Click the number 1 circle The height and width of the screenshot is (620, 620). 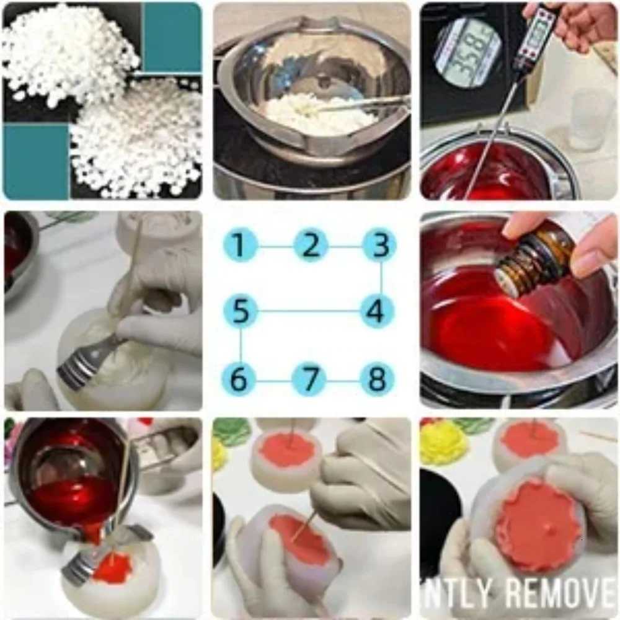click(241, 246)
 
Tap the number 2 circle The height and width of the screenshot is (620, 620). click(311, 246)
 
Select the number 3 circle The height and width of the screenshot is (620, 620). click(379, 246)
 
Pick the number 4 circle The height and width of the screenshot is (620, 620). click(379, 311)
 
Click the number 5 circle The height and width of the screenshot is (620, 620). click(241, 311)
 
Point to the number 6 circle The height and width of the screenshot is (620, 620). click(241, 379)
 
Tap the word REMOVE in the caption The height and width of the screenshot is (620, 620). click(560, 593)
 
